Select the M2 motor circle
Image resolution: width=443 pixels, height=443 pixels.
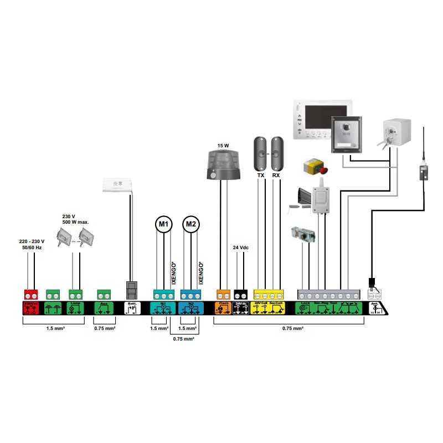point(191,224)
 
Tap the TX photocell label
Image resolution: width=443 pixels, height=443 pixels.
point(261,175)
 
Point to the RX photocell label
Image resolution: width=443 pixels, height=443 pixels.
point(276,175)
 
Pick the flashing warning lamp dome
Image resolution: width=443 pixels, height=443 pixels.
point(223,161)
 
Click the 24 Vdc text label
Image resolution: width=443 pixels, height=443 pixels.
point(241,248)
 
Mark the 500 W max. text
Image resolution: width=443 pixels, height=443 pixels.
point(76,222)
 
